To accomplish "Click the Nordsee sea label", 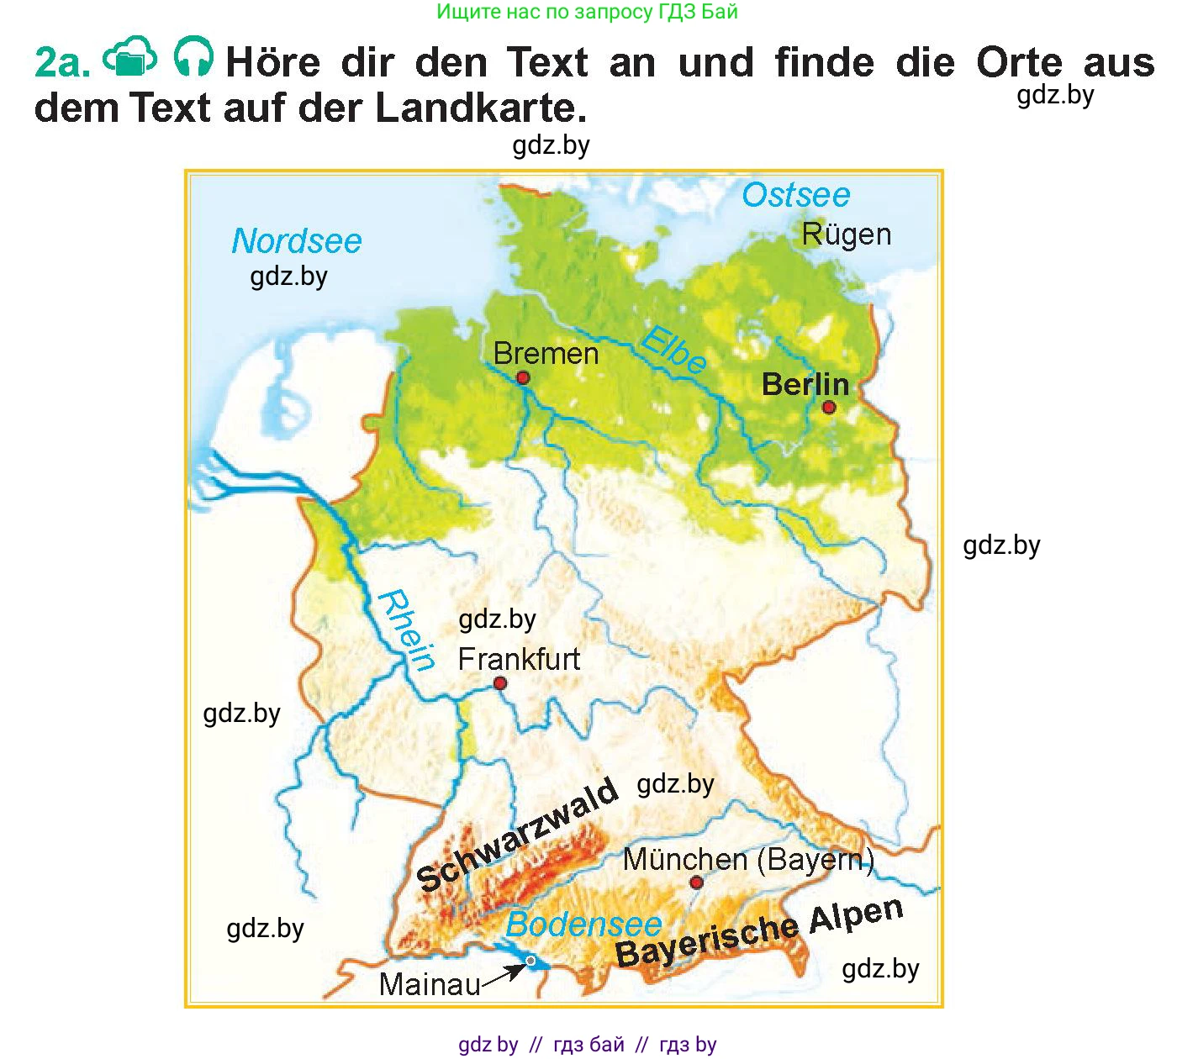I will [296, 241].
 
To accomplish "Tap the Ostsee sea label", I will [795, 195].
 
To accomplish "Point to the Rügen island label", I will [846, 234].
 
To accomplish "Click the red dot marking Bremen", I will [523, 378].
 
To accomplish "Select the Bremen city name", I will [546, 354].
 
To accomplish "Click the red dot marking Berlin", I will [829, 408].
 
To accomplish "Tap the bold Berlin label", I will [805, 385].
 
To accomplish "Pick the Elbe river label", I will [673, 350].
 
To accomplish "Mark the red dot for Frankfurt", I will [500, 683].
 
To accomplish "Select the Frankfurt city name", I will [519, 659].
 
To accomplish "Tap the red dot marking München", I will [696, 882].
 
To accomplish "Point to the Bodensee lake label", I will [583, 925].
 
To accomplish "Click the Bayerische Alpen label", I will [759, 932].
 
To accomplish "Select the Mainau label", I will [430, 984].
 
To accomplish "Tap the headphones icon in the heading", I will [193, 58].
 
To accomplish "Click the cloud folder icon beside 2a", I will [129, 58].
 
